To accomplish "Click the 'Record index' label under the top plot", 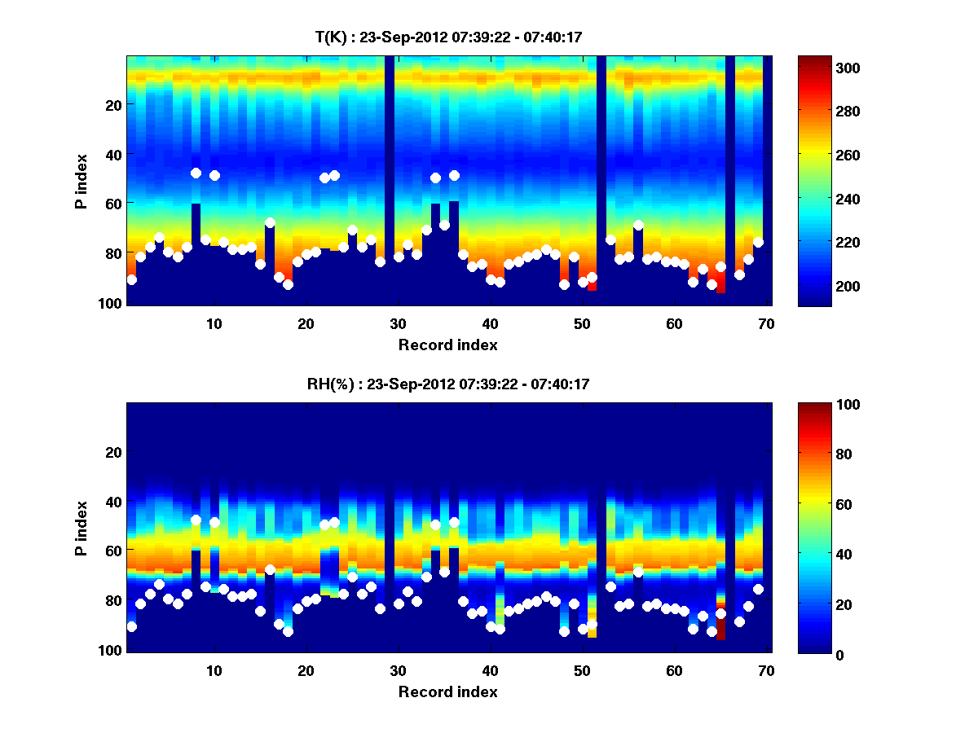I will pos(447,345).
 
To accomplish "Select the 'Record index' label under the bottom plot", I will pos(447,691).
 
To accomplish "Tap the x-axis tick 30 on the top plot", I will pos(398,323).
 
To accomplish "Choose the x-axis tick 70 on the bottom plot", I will pos(766,669).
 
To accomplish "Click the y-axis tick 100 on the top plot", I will pos(112,303).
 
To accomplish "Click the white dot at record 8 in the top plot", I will pos(196,173).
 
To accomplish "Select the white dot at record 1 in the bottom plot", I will pos(131,626).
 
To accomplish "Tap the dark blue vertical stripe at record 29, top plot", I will pos(390,179).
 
